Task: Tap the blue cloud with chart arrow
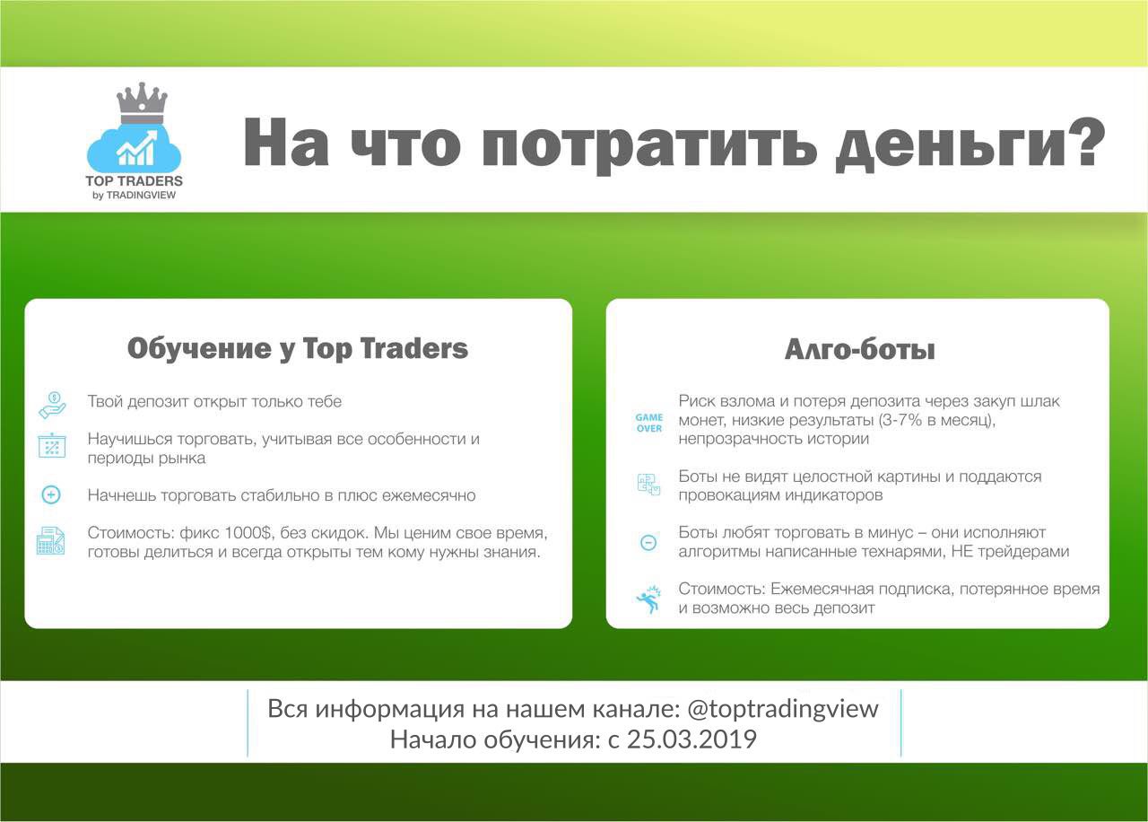pos(135,148)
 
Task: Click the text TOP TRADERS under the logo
pos(135,181)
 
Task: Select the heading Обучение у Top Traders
pos(298,349)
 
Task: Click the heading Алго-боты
pos(859,350)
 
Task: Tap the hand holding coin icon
pos(52,405)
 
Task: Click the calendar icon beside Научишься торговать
pos(52,445)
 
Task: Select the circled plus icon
pos(51,494)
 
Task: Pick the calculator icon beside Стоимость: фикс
pos(51,541)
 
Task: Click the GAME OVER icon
pos(648,423)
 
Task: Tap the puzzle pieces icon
pos(648,485)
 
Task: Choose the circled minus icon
pos(648,543)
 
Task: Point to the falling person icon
pos(648,599)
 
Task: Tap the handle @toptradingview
pos(783,709)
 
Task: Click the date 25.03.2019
pos(691,739)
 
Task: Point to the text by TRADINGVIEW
pos(135,196)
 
